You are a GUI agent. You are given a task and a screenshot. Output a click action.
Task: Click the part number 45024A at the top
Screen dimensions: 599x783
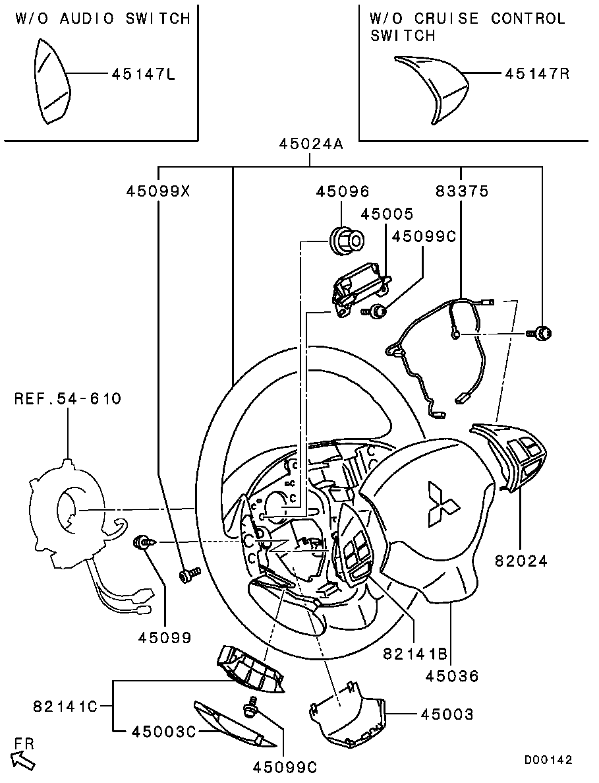(x=311, y=144)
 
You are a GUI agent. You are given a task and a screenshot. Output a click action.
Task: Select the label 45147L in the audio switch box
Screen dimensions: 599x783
(x=143, y=75)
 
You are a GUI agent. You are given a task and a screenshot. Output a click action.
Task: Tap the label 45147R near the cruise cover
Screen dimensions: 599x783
(x=537, y=74)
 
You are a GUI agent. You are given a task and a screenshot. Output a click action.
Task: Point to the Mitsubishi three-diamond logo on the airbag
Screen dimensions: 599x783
(x=442, y=504)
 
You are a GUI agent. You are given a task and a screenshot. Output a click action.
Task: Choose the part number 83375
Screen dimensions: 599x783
(x=462, y=191)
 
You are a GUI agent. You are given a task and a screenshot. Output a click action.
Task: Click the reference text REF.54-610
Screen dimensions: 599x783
(x=68, y=398)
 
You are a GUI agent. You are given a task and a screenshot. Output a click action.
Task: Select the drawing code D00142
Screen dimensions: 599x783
(x=548, y=759)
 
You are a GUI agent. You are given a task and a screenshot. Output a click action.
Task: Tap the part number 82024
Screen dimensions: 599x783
(x=521, y=561)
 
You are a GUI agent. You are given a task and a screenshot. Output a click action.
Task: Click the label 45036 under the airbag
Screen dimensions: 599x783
(x=452, y=676)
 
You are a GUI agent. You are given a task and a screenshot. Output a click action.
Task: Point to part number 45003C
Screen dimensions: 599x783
(x=163, y=732)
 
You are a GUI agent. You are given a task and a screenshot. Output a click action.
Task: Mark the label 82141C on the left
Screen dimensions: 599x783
(x=65, y=706)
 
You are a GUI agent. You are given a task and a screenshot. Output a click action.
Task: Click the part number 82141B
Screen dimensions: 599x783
(x=415, y=654)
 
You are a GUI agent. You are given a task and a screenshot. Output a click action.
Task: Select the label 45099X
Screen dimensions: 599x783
(x=158, y=191)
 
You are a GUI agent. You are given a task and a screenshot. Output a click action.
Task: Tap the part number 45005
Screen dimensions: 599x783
(x=387, y=214)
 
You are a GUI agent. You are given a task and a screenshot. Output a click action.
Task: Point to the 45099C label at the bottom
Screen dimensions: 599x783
(x=285, y=767)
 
